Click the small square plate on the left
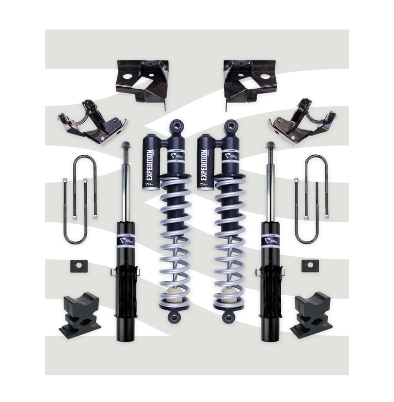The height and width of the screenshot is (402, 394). click(x=75, y=266)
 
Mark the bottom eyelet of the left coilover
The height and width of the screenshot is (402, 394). click(x=173, y=315)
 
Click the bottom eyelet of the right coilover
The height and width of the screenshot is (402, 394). click(x=229, y=315)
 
